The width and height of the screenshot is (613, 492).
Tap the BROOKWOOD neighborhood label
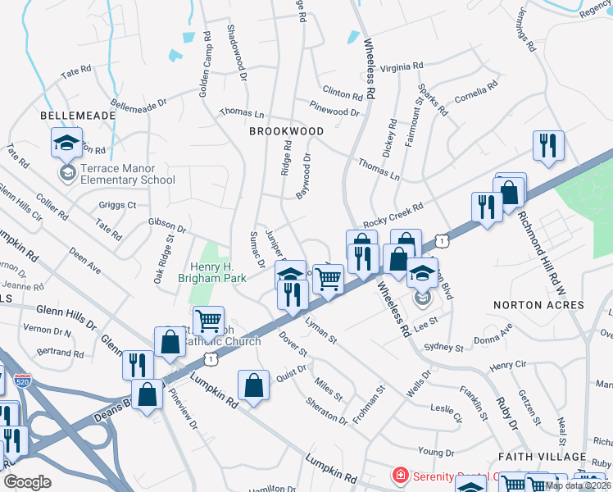[286, 131]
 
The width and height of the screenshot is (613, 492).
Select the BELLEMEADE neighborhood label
[78, 116]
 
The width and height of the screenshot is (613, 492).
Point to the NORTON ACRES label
[538, 305]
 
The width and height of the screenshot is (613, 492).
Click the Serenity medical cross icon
[400, 476]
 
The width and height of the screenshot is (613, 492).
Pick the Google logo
[27, 482]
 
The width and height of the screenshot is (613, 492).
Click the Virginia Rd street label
[402, 66]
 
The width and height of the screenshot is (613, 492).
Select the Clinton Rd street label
[343, 93]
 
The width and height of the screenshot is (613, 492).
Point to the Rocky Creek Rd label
[393, 216]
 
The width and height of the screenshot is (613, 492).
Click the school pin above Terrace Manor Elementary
[67, 143]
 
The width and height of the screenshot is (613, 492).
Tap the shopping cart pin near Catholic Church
[209, 319]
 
